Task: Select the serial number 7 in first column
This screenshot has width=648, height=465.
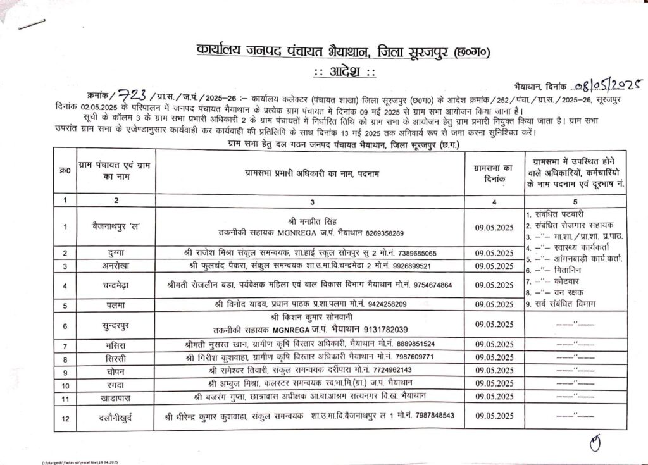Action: (x=65, y=345)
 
